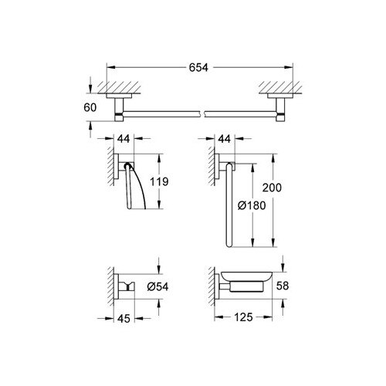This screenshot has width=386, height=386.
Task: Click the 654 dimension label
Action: tap(198, 67)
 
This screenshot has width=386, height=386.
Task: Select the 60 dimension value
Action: tap(90, 107)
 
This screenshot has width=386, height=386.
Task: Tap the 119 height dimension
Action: tap(159, 181)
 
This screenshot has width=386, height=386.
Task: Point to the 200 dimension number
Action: tap(272, 188)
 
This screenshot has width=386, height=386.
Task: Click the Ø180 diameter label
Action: tap(252, 205)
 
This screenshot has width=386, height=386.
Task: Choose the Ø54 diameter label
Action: tap(157, 286)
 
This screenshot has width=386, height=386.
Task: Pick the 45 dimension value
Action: tap(124, 319)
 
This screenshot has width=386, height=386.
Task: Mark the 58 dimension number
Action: tap(283, 286)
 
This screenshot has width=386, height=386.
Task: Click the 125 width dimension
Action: tap(243, 317)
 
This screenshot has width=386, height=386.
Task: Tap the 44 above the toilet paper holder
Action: tap(124, 139)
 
